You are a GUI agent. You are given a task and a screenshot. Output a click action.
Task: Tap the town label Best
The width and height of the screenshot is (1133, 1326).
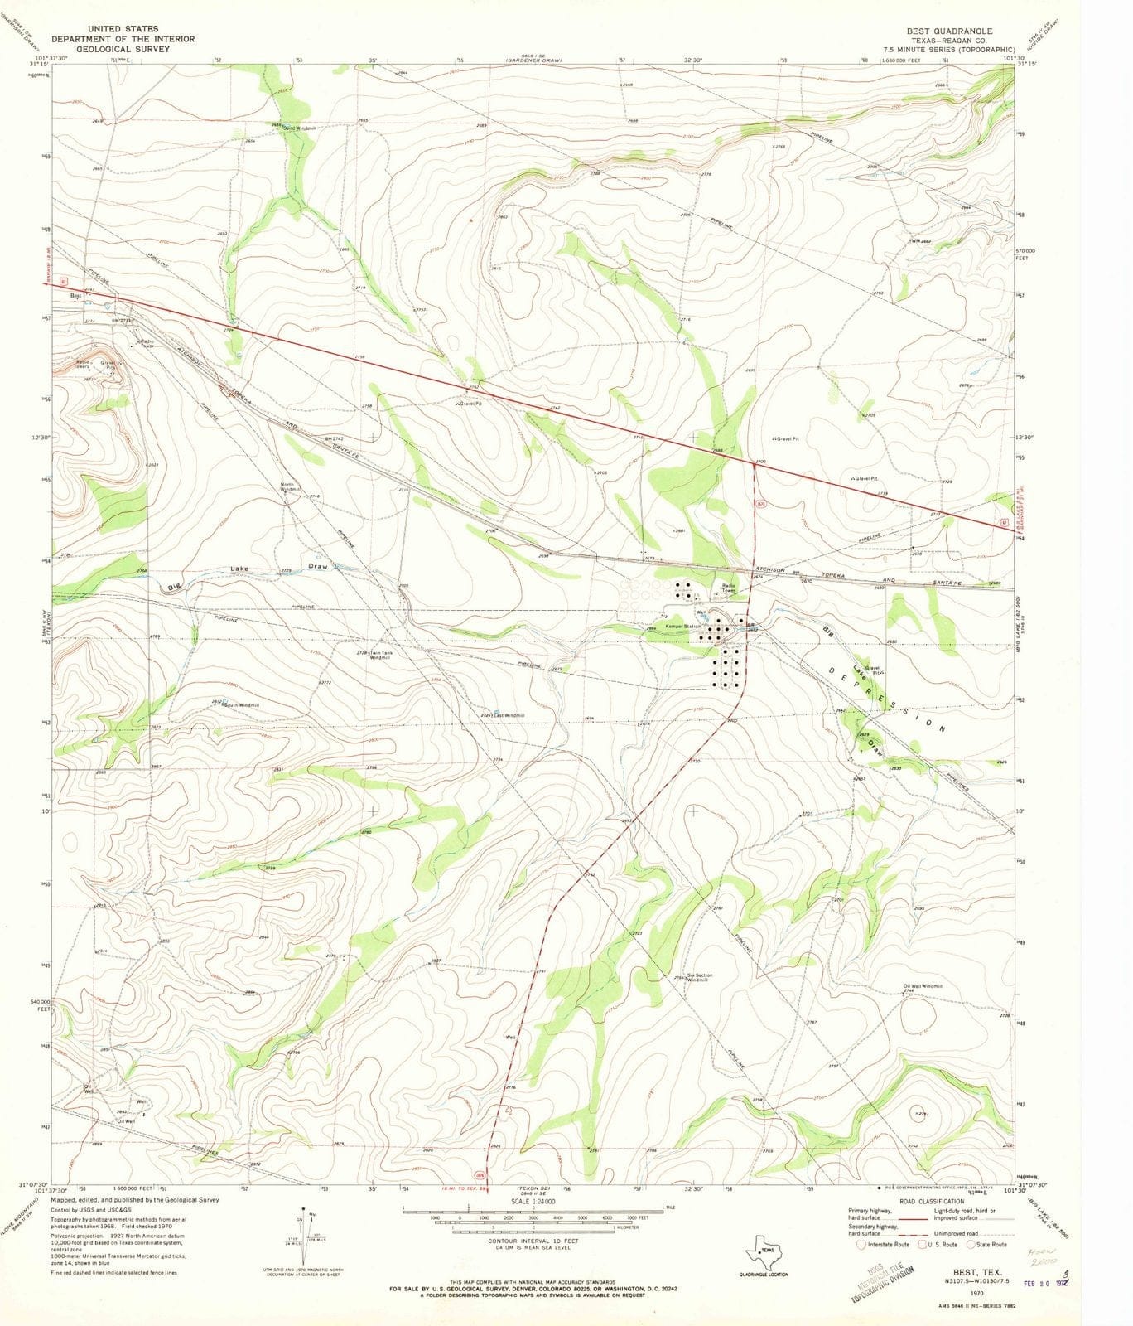pos(75,295)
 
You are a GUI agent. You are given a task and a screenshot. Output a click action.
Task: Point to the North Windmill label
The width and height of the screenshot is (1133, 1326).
pos(288,487)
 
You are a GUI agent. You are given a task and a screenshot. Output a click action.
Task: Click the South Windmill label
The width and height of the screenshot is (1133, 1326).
pos(242,705)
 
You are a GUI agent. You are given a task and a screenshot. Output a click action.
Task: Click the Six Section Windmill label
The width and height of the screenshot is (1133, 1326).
pos(699,978)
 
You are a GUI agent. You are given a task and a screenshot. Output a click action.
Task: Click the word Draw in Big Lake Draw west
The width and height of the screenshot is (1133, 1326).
pos(318,566)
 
